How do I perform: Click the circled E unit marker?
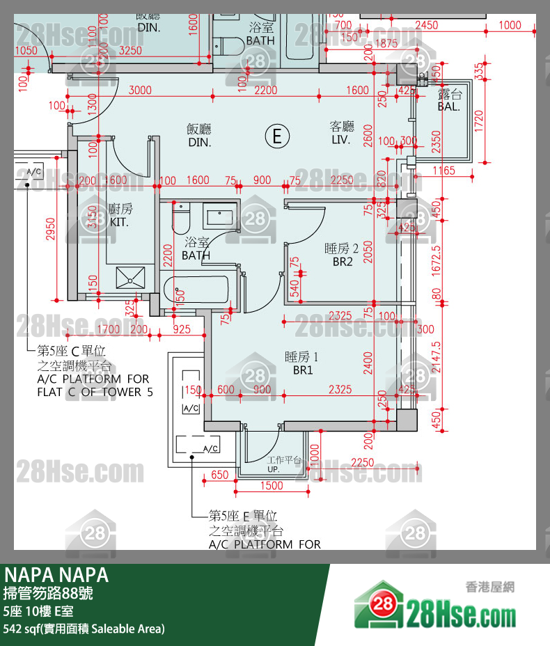pyautogui.click(x=277, y=136)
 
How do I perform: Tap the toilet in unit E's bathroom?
pyautogui.click(x=181, y=219)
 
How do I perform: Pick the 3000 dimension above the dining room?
pyautogui.click(x=140, y=90)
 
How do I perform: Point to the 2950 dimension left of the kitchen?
pyautogui.click(x=50, y=229)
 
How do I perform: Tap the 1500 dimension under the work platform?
pyautogui.click(x=271, y=486)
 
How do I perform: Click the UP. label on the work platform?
pyautogui.click(x=273, y=469)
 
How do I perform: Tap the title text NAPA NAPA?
pyautogui.click(x=56, y=575)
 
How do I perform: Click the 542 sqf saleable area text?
pyautogui.click(x=84, y=629)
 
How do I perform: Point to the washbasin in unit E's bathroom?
pyautogui.click(x=221, y=216)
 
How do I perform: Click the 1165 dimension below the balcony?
pyautogui.click(x=443, y=171)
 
